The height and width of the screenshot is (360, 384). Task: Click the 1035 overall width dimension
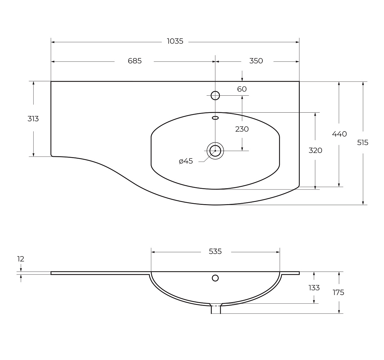(175, 41)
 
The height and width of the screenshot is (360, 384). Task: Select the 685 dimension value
(135, 61)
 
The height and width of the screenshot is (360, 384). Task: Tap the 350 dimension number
(256, 61)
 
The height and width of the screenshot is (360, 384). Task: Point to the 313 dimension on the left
(33, 119)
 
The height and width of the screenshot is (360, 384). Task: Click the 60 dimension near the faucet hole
(242, 89)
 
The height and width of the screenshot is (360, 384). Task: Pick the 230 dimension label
(242, 129)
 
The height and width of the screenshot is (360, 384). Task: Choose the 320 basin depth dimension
(315, 150)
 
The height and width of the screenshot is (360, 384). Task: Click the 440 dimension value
(339, 134)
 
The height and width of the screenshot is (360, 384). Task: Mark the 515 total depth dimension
(363, 143)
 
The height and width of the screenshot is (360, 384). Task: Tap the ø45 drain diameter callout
(186, 161)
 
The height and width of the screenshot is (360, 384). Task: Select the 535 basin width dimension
(215, 251)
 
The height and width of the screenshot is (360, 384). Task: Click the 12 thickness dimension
(21, 259)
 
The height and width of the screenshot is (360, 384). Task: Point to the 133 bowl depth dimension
(314, 288)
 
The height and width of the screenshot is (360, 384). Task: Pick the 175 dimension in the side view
(338, 292)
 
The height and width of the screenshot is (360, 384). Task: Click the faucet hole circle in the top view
(215, 95)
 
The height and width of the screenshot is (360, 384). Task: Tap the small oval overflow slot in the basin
(215, 118)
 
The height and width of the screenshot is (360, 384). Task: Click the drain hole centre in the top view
(215, 151)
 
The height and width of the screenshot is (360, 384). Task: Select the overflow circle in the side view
(215, 278)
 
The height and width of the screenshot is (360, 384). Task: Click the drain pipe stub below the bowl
(216, 309)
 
